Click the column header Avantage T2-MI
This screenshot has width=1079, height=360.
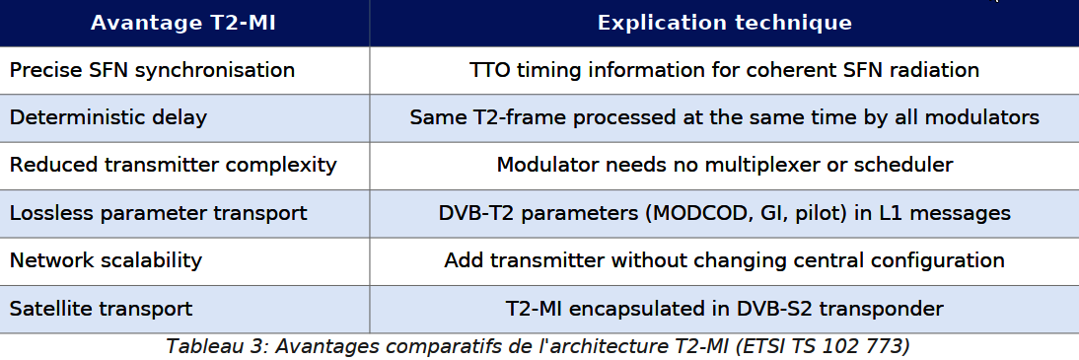click(183, 23)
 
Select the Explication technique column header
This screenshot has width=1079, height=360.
click(725, 23)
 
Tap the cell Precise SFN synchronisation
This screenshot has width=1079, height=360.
click(152, 70)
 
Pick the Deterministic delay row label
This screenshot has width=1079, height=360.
click(108, 117)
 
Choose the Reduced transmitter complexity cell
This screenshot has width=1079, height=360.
click(174, 165)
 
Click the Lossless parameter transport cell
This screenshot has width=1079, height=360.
click(158, 213)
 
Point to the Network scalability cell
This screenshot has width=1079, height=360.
click(106, 260)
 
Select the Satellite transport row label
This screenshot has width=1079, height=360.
click(102, 308)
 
